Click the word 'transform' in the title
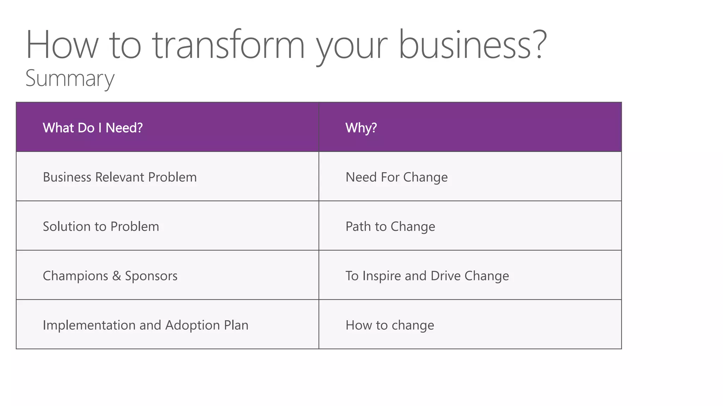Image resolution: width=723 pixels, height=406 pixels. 228,45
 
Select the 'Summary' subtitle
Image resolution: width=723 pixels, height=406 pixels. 70,78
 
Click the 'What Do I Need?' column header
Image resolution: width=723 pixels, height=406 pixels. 92,128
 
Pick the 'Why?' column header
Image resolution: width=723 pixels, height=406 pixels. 361,128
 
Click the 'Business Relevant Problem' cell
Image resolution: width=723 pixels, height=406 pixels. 120,177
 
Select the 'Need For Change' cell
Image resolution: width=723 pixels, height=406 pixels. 396,177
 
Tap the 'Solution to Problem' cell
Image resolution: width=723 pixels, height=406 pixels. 101,226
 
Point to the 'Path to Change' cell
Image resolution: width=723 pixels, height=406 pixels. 390,226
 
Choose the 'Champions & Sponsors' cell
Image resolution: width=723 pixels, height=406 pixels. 110,276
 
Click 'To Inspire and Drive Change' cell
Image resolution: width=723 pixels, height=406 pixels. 427,276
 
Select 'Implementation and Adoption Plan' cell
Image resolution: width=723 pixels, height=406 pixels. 145,325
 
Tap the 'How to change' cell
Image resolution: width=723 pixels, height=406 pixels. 390,325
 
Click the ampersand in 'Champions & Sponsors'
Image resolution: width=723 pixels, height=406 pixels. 116,276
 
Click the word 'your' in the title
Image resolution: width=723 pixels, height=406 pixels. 352,48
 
